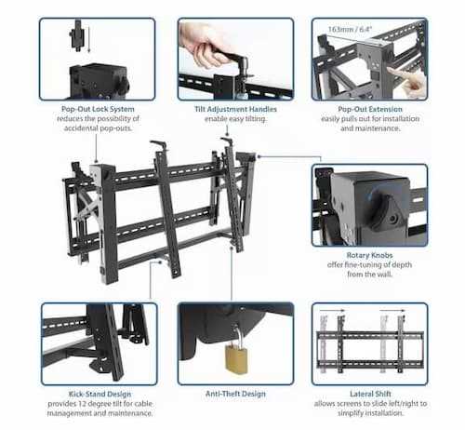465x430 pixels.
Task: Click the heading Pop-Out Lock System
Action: point(98,109)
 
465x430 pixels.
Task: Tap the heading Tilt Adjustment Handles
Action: point(235,109)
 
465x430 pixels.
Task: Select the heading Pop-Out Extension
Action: point(370,109)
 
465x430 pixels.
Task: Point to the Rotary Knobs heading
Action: point(369,255)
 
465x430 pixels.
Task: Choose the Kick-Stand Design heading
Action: point(100,394)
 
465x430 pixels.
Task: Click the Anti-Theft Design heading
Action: point(235,394)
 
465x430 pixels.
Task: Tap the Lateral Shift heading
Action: point(370,394)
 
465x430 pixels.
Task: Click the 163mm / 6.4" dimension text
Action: point(350,30)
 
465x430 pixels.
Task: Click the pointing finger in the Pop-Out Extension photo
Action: point(406,80)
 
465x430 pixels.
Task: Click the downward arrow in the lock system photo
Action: point(88,39)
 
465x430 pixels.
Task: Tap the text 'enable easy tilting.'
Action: point(235,119)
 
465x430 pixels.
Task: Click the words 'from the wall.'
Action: point(369,275)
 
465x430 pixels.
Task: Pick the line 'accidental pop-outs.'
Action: point(98,128)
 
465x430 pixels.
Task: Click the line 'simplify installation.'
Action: point(370,413)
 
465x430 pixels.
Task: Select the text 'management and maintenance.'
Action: point(100,413)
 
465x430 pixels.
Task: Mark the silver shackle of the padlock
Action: point(237,334)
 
